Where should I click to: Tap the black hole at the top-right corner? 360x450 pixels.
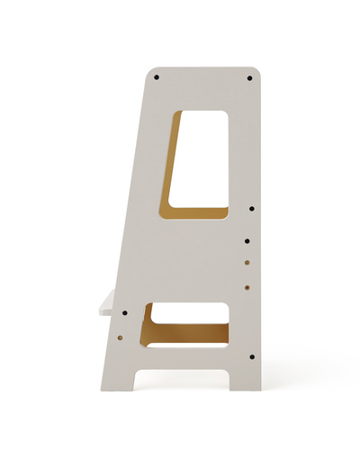249,77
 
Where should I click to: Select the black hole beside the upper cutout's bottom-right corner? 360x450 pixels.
251,209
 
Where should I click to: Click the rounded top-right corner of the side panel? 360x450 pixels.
256,71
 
